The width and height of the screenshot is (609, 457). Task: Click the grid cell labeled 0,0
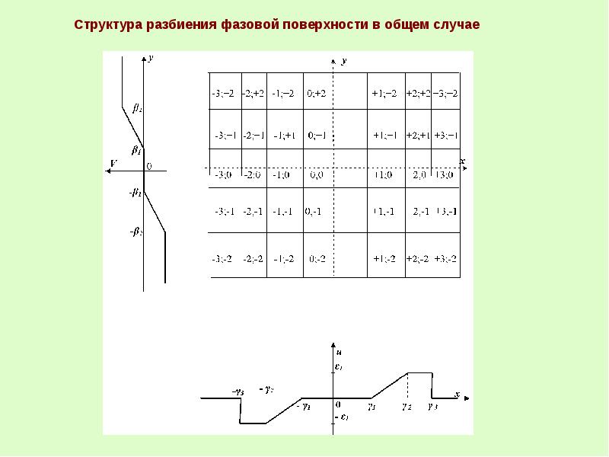(318, 175)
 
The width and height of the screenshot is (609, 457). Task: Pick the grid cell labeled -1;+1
(286, 135)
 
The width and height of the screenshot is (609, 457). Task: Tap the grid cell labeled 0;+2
(317, 93)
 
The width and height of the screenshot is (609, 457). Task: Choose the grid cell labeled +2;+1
(419, 135)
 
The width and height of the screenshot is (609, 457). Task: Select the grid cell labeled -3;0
(225, 175)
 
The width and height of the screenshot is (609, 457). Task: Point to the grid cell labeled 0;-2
(317, 258)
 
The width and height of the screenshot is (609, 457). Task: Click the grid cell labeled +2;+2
(419, 93)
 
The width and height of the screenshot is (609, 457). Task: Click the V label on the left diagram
(113, 163)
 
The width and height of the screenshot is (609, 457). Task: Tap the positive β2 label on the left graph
(137, 108)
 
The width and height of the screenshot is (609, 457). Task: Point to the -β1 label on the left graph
(136, 193)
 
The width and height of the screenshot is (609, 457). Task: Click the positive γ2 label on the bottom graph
(407, 407)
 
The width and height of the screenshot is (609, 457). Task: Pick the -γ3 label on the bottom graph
(238, 391)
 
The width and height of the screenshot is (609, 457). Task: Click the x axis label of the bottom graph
(457, 393)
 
